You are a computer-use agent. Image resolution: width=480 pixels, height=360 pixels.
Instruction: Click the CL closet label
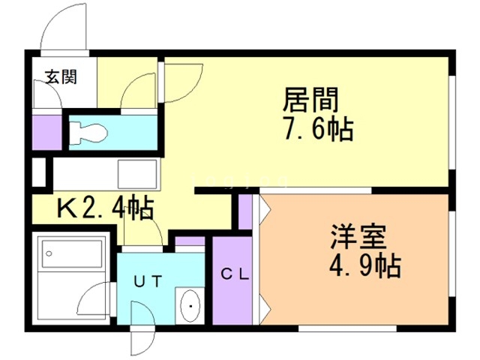pos(235,274)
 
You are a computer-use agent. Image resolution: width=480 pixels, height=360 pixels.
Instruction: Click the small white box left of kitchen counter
pos(40,172)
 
